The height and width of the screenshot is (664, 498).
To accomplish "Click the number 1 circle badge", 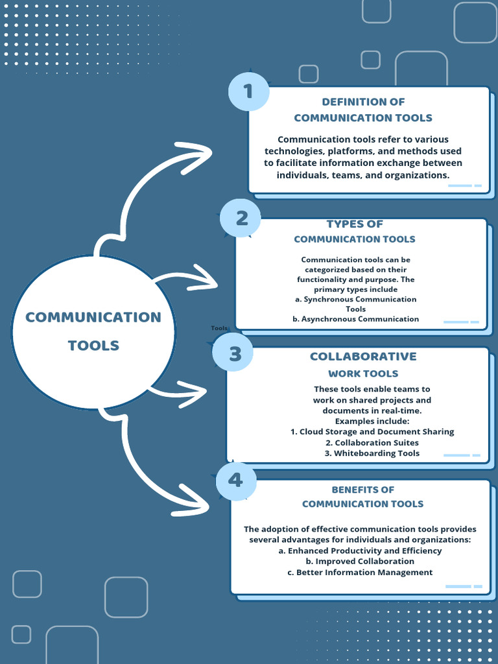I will pyautogui.click(x=248, y=91).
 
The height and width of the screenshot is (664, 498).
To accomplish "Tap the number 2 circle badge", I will pyautogui.click(x=241, y=218).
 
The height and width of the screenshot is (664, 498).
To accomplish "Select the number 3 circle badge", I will pyautogui.click(x=235, y=353).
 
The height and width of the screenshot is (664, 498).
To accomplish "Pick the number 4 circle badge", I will pyautogui.click(x=235, y=480).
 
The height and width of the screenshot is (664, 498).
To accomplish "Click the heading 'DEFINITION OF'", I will pyautogui.click(x=363, y=102).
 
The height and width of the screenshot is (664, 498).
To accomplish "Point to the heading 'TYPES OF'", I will pyautogui.click(x=355, y=224).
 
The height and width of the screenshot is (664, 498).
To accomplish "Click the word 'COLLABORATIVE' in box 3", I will pyautogui.click(x=363, y=357).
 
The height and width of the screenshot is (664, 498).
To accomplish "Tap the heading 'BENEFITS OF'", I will pyautogui.click(x=363, y=490).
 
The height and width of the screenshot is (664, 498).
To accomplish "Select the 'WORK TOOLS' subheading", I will pyautogui.click(x=363, y=373).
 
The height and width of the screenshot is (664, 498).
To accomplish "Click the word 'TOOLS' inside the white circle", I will pyautogui.click(x=93, y=346).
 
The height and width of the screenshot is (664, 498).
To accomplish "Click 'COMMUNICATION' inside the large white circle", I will pyautogui.click(x=93, y=317).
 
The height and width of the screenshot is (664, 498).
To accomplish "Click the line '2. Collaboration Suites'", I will pyautogui.click(x=372, y=443).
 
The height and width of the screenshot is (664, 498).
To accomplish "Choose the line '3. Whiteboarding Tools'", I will pyautogui.click(x=372, y=453).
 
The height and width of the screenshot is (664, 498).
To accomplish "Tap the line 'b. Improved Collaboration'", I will pyautogui.click(x=360, y=561).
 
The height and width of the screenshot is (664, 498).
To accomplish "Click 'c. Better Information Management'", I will pyautogui.click(x=360, y=572).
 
